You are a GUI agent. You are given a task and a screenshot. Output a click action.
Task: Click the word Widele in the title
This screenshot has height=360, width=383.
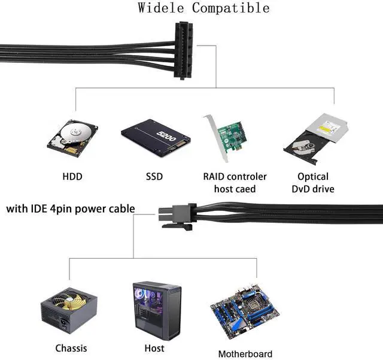click(161, 8)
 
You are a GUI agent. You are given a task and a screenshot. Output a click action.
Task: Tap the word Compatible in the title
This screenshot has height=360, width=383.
click(230, 8)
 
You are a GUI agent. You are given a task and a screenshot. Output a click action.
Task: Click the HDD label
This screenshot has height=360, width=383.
click(72, 177)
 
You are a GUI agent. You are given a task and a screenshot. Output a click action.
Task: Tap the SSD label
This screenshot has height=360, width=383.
click(154, 177)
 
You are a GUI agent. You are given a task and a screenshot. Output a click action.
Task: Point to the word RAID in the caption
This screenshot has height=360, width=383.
click(215, 177)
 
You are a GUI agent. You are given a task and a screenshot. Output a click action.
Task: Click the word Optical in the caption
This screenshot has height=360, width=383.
click(313, 177)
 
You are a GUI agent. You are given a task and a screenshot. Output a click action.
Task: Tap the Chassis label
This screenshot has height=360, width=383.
click(71, 348)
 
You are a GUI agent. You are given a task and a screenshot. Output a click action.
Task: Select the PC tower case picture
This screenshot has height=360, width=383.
click(156, 310)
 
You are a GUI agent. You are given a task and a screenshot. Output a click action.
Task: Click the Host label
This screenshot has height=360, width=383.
click(154, 348)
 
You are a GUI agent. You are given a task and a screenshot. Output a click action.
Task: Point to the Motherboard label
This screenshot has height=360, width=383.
click(245, 353)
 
